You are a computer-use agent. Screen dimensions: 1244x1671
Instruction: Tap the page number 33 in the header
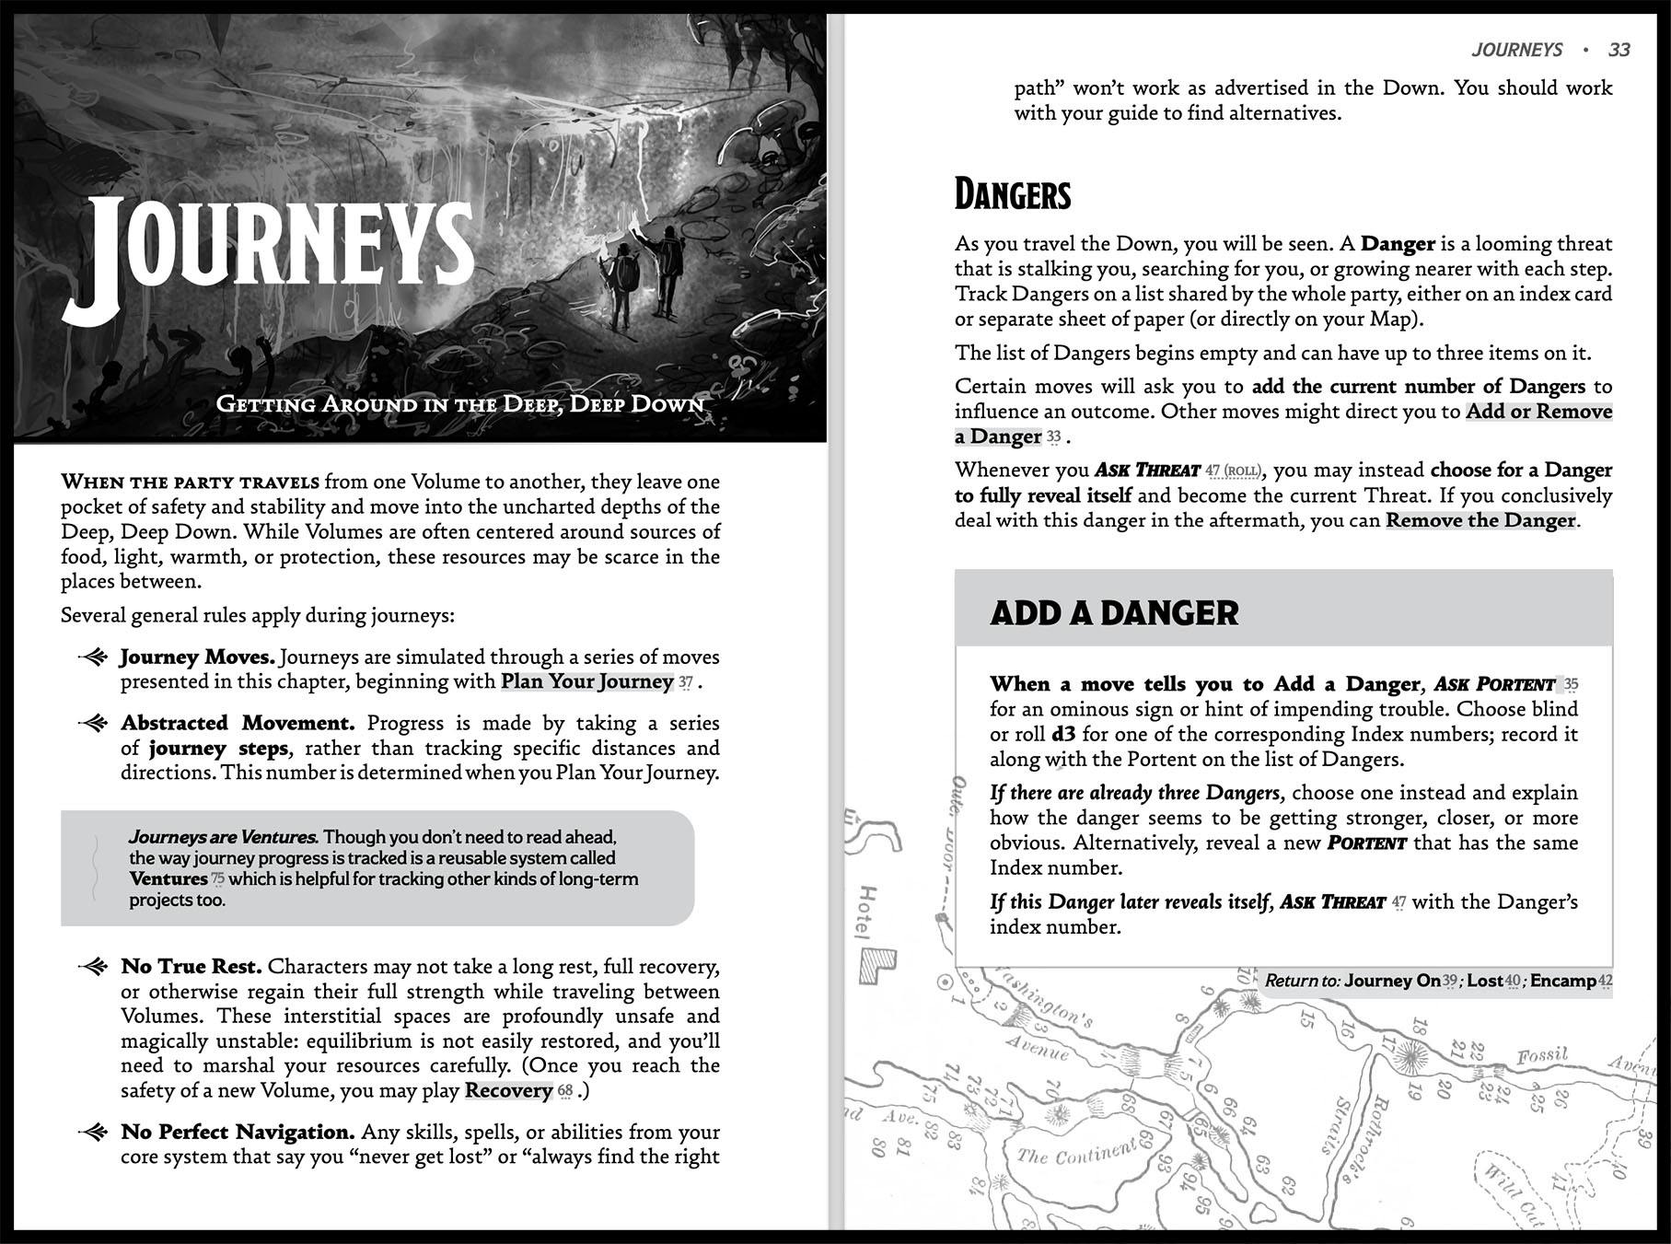[x=1619, y=50]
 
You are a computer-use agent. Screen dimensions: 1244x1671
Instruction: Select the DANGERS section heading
[x=1013, y=195]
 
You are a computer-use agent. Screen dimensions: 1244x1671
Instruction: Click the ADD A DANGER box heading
[x=1114, y=613]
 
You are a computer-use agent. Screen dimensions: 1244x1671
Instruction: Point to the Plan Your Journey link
[x=586, y=682]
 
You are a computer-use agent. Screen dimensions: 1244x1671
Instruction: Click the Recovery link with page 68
[x=508, y=1091]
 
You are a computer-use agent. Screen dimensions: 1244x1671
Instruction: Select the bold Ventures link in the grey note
[x=168, y=878]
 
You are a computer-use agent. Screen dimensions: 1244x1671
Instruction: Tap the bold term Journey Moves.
[x=197, y=657]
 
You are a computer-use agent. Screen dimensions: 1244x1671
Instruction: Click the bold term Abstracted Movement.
[x=238, y=724]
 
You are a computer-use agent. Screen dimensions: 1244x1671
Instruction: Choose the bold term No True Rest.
[x=191, y=967]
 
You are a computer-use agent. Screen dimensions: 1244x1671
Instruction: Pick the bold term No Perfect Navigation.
[x=238, y=1133]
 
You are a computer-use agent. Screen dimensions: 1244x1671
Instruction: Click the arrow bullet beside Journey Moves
[x=94, y=657]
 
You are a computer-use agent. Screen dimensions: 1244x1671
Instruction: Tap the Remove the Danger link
[x=1480, y=520]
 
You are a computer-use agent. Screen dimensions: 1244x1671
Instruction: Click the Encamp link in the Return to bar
[x=1563, y=981]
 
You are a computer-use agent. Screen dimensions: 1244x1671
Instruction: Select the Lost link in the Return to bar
[x=1485, y=981]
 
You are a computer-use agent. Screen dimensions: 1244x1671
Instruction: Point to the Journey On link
[x=1392, y=981]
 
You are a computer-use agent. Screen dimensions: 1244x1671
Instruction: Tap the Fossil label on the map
[x=1542, y=1055]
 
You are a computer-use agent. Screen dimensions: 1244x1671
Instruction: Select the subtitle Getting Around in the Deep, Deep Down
[x=458, y=404]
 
